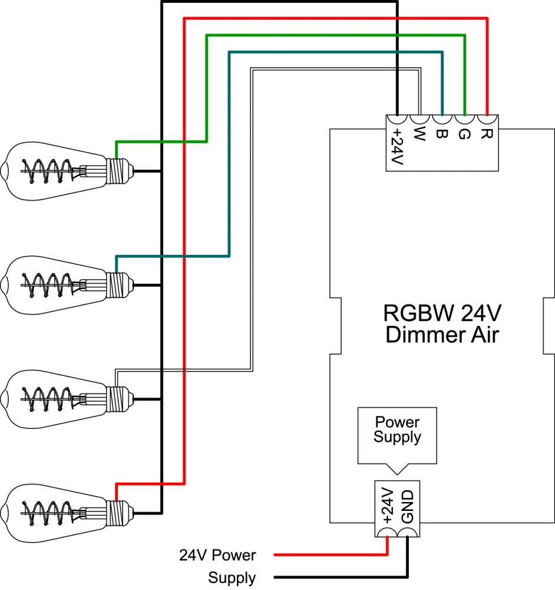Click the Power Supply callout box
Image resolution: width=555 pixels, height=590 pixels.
397,430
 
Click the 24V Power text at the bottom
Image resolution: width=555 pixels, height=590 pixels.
217,555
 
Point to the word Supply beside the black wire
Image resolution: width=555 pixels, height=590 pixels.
232,578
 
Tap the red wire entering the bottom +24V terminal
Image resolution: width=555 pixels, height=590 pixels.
387,546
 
